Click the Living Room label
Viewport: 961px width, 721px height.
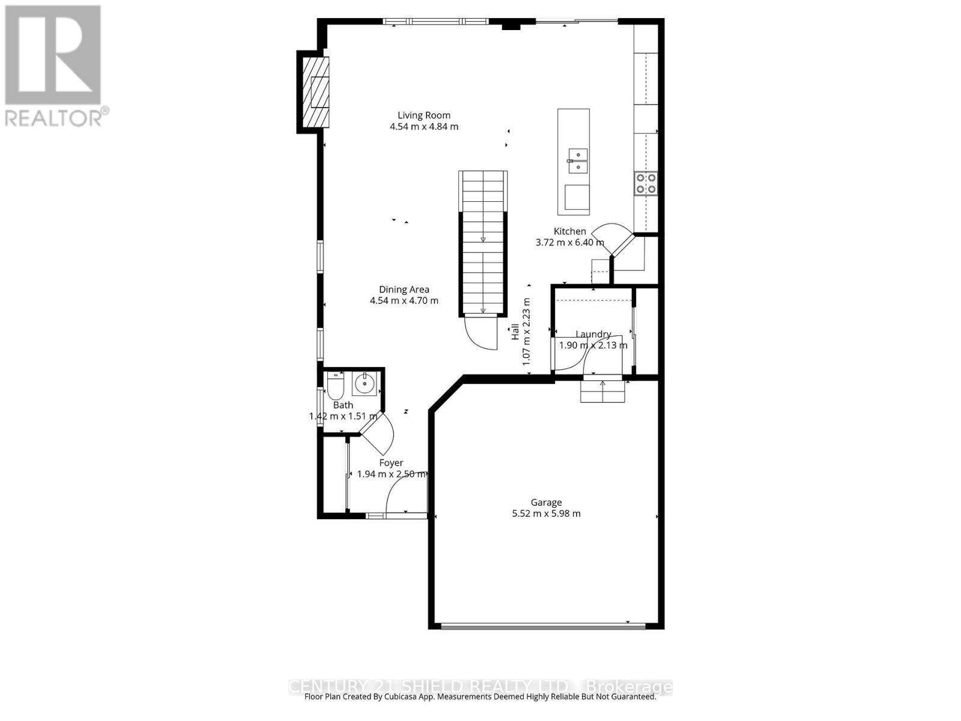click(x=423, y=115)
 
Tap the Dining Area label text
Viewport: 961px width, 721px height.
click(x=404, y=290)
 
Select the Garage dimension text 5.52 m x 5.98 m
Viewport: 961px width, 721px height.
click(x=546, y=514)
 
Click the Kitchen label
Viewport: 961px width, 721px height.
click(x=569, y=231)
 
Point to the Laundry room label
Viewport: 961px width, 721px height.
click(x=593, y=335)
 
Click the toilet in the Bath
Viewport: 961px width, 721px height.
click(x=335, y=386)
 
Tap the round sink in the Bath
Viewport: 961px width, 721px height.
click(x=364, y=383)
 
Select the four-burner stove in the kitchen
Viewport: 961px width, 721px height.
click(x=645, y=183)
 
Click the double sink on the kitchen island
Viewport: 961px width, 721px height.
click(x=577, y=160)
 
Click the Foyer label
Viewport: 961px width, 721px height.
click(x=391, y=463)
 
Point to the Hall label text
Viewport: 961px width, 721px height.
click(x=515, y=332)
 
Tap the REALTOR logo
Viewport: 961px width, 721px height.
click(x=54, y=66)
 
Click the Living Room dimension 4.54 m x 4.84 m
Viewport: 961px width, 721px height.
click(x=423, y=127)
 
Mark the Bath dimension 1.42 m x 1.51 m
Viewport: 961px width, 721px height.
click(x=343, y=416)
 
